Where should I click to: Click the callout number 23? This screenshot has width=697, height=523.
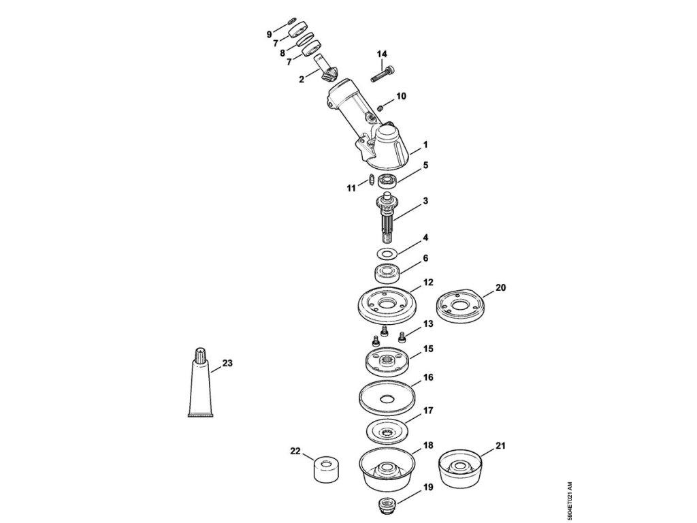[227, 364]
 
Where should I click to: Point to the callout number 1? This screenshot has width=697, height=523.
[425, 144]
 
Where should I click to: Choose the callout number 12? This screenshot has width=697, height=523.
[428, 282]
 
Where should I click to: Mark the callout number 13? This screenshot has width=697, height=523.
[428, 323]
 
